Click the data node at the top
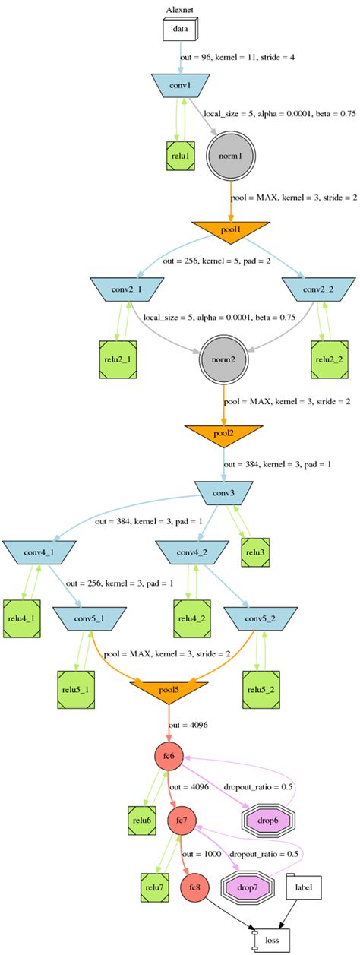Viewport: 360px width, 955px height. (x=180, y=30)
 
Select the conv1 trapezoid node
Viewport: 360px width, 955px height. (x=181, y=85)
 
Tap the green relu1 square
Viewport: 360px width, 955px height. (x=181, y=156)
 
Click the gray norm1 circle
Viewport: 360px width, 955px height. (x=229, y=157)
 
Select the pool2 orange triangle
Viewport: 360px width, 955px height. (x=223, y=434)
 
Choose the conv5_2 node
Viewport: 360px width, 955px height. (x=264, y=619)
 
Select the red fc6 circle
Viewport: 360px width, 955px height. (x=169, y=757)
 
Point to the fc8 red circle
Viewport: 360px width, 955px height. (x=194, y=887)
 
